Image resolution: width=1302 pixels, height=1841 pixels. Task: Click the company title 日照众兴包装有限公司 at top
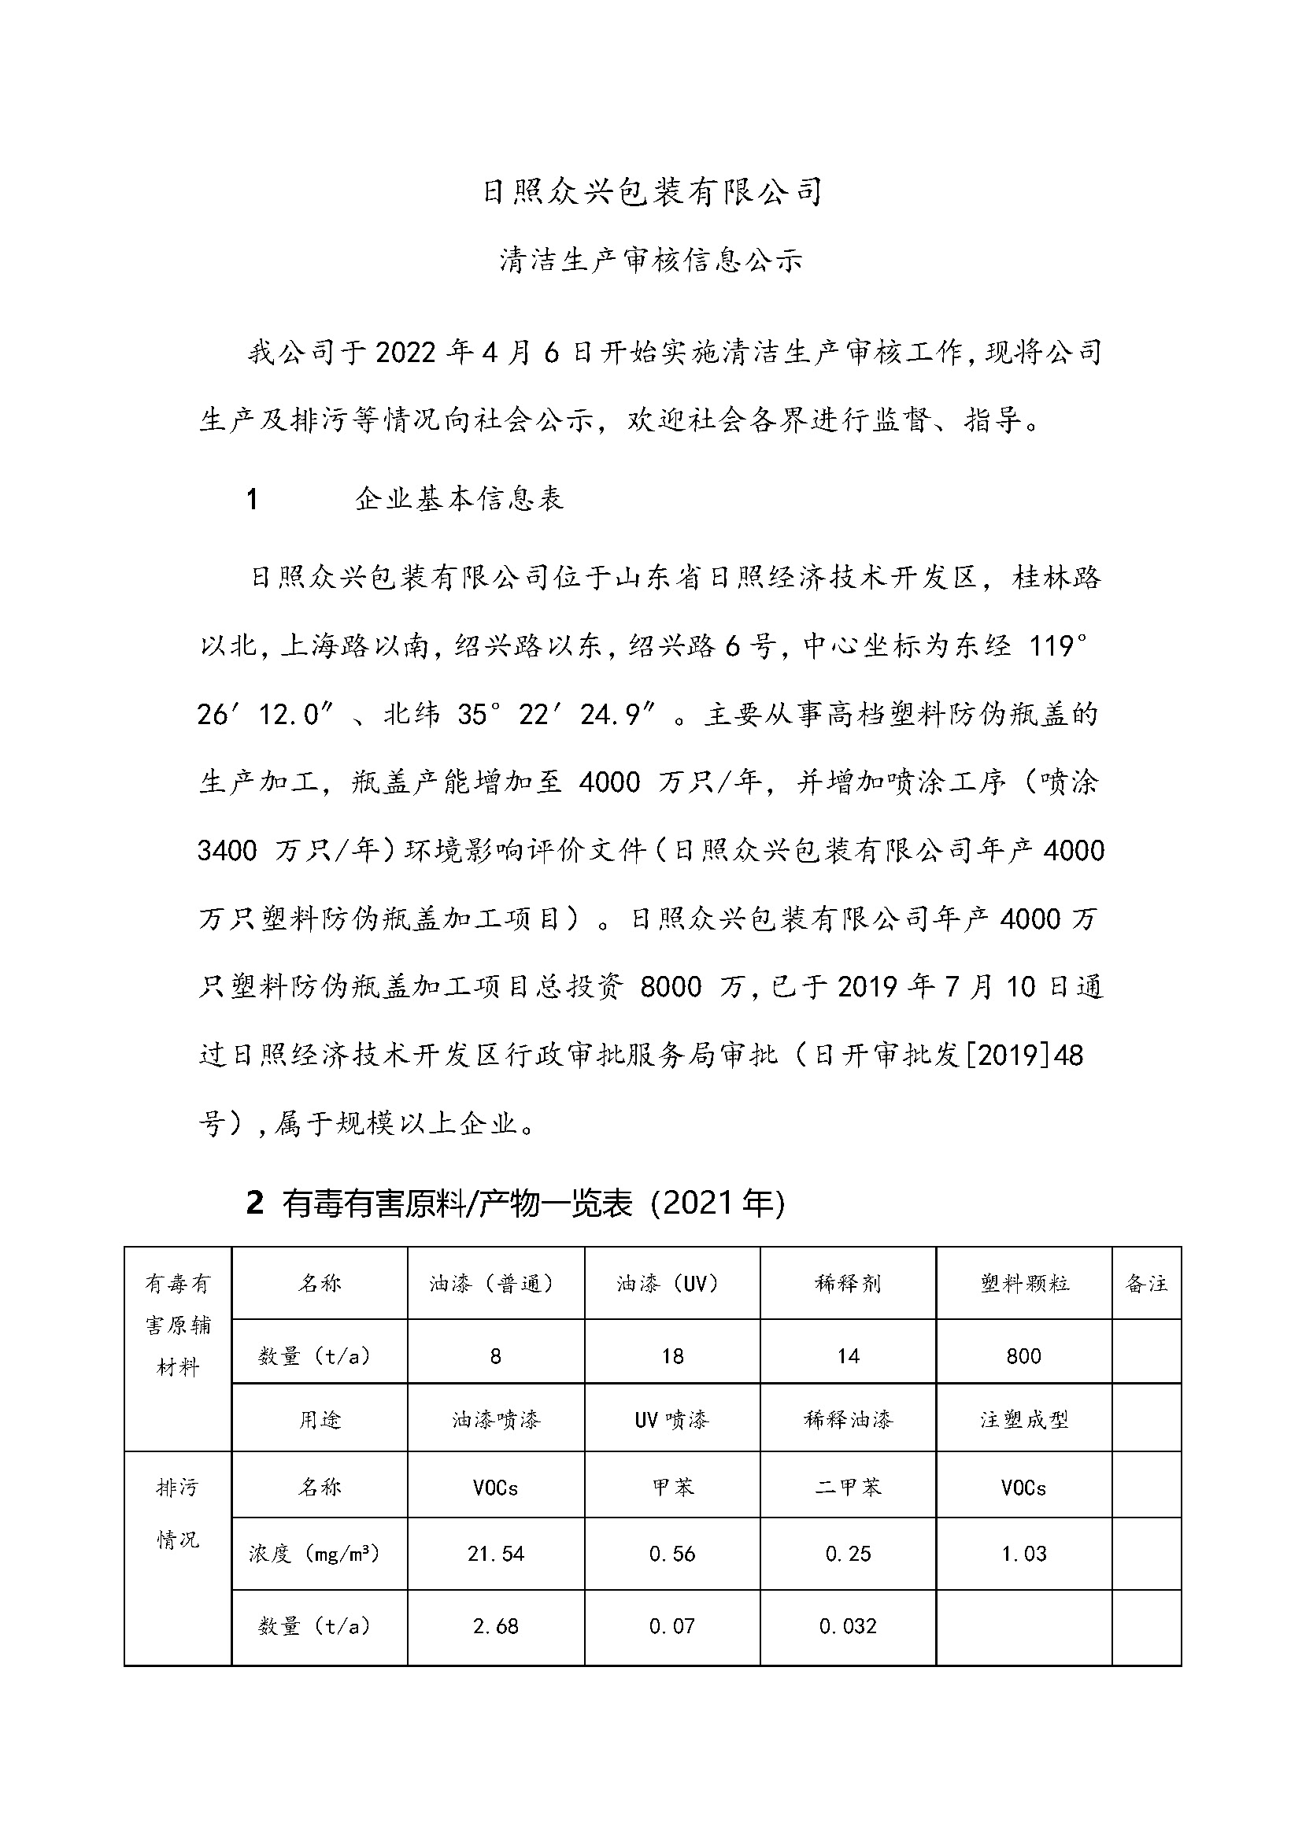[x=651, y=192]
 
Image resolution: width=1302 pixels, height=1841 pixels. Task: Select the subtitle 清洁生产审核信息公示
[x=651, y=261]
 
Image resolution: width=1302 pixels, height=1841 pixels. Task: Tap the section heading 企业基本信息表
[x=460, y=499]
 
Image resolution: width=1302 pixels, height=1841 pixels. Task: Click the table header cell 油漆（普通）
[x=495, y=1284]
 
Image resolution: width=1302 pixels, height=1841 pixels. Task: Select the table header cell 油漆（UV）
[x=671, y=1284]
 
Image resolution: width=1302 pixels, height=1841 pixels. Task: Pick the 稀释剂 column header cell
[x=849, y=1284]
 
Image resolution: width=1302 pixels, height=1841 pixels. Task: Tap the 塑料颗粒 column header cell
[x=1024, y=1284]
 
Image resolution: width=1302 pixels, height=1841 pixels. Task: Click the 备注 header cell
[x=1146, y=1284]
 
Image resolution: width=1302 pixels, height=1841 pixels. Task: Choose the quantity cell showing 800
[x=1024, y=1356]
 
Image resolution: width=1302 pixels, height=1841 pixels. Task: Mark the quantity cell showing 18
[x=671, y=1356]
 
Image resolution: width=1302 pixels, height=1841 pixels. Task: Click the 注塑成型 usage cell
[x=1024, y=1420]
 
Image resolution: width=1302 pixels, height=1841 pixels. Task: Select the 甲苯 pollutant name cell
[x=671, y=1488]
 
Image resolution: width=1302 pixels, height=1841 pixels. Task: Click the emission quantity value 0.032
[x=849, y=1625]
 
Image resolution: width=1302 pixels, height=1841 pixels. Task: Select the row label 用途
[x=319, y=1420]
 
